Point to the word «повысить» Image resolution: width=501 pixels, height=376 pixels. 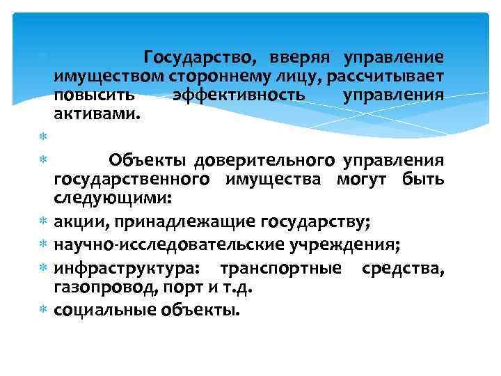coord(96,94)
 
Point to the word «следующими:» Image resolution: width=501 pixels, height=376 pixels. coord(112,198)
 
